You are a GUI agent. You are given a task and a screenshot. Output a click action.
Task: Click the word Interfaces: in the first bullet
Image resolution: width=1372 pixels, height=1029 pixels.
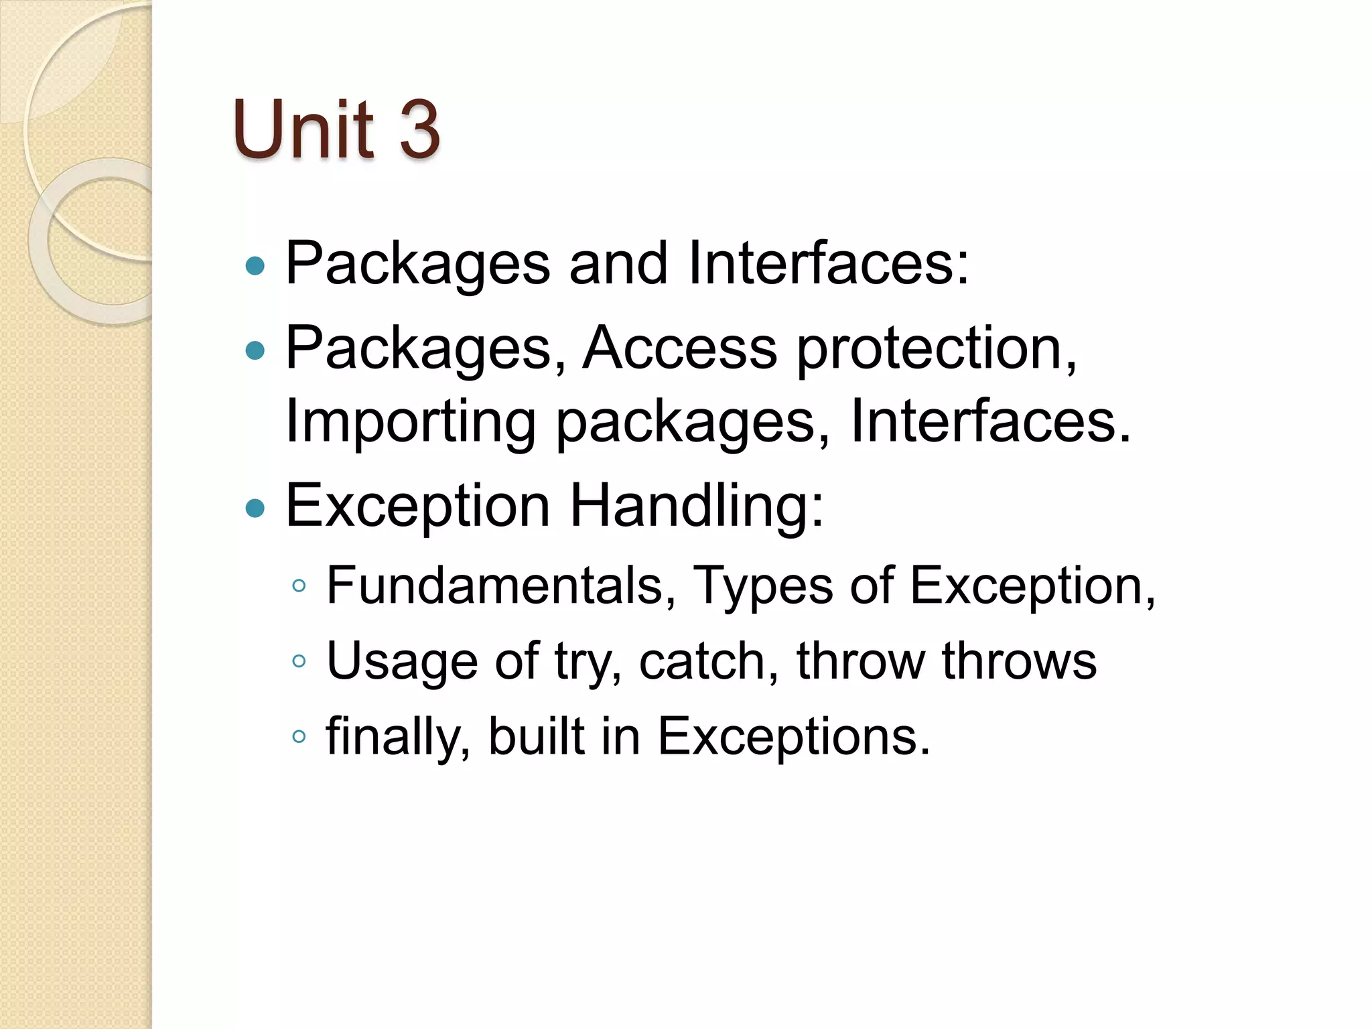829,263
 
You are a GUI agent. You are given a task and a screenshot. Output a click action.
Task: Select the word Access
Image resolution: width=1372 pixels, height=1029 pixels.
679,348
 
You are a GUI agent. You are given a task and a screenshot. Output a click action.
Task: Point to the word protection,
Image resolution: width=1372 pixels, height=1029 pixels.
937,350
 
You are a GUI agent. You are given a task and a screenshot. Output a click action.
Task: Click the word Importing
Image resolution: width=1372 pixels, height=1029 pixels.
410,422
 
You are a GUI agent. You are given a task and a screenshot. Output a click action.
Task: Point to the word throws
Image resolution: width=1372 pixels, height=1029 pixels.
1019,661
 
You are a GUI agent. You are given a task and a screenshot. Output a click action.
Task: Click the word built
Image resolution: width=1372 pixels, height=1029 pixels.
537,736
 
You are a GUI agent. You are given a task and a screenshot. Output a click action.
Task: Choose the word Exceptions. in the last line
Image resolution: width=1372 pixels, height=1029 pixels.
794,737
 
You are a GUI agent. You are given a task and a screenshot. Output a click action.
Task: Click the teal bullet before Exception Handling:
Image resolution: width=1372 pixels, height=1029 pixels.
255,508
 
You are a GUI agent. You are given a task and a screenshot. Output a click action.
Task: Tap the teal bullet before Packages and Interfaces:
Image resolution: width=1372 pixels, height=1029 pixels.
255,267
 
